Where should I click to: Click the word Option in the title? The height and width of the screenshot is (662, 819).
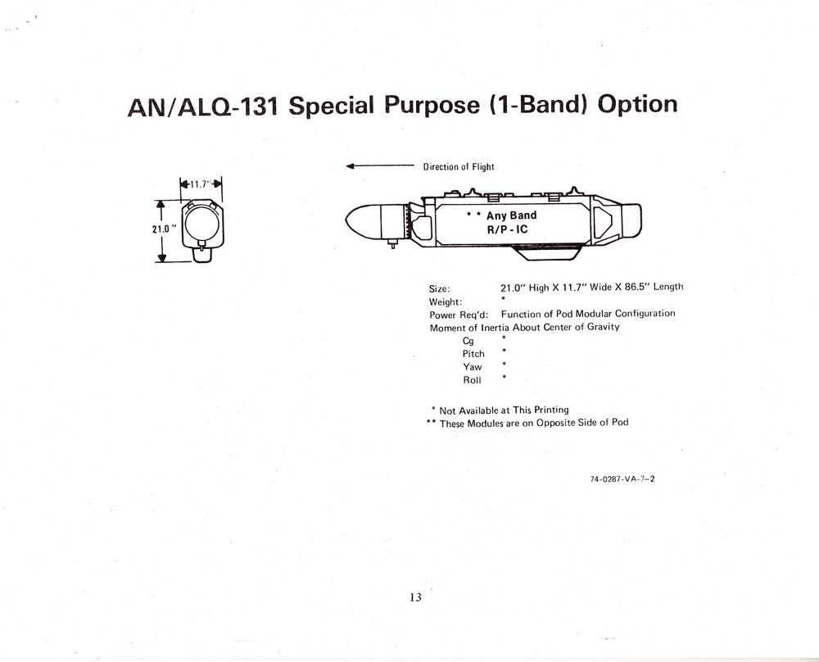pos(637,105)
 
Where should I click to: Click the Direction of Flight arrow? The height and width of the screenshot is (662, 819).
pos(380,166)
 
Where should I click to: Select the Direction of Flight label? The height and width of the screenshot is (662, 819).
pos(458,166)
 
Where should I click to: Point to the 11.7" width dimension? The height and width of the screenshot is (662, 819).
pos(201,184)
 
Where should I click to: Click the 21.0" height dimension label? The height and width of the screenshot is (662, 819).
pos(164,229)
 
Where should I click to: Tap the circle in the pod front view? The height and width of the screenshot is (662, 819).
pos(201,223)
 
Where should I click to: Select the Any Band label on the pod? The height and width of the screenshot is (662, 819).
pos(511,215)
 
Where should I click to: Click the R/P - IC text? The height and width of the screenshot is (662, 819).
pos(507,229)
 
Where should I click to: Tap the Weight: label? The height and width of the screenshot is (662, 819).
pos(446,302)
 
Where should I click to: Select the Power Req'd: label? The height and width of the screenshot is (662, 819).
pos(459,315)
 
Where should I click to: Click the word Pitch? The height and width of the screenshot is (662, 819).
pos(473,354)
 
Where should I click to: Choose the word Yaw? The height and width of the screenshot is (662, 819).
pos(473,367)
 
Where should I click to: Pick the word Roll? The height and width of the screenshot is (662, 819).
pos(473,380)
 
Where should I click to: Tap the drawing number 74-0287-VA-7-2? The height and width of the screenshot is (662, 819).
pos(622,478)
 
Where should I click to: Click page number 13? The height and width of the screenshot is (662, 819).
pos(416,597)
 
